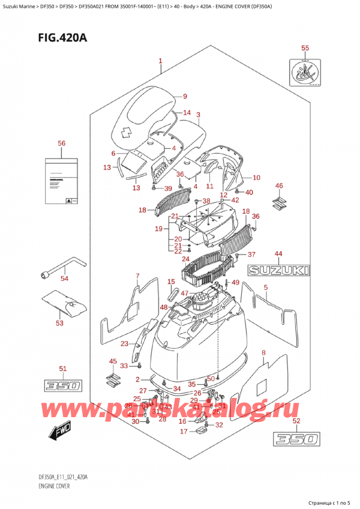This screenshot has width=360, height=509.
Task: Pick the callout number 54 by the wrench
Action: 64,278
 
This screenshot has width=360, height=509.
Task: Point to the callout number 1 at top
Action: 160,61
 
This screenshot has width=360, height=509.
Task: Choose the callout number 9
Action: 185,97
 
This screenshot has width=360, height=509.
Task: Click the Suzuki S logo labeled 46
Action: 278,202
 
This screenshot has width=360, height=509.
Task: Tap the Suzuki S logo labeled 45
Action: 112,379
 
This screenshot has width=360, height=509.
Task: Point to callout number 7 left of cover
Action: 137,276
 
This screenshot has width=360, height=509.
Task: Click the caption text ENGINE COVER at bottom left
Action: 47,486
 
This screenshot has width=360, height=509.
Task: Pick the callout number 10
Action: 256,178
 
